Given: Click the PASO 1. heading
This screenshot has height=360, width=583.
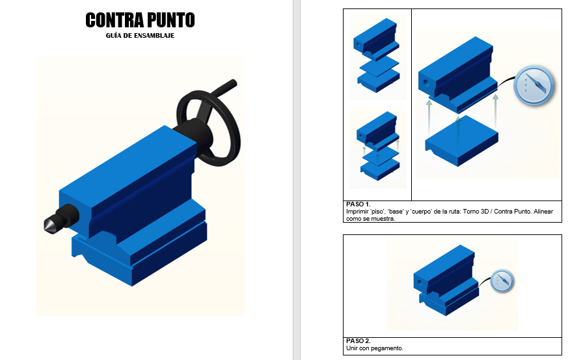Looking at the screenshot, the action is [358, 204].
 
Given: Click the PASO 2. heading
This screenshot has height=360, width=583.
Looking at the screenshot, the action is [358, 340].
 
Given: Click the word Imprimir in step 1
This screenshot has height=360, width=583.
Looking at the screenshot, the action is [357, 212].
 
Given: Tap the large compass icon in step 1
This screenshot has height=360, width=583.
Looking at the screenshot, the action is [534, 85].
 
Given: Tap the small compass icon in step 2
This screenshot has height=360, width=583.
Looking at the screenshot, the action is [502, 281].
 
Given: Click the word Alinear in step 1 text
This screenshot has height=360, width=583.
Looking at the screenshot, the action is [543, 212].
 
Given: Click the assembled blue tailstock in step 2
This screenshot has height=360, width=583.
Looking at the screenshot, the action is [446, 281].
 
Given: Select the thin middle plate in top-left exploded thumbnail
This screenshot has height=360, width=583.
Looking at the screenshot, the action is [379, 66].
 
